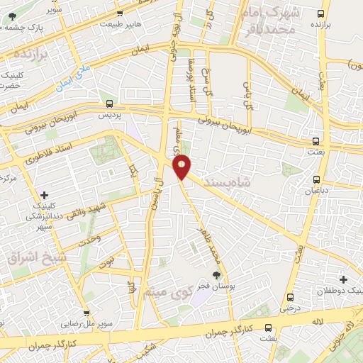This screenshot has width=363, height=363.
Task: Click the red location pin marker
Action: coord(182,167)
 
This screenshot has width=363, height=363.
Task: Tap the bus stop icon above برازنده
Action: coord(322,13)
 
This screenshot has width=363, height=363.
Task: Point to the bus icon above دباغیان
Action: coord(316,179)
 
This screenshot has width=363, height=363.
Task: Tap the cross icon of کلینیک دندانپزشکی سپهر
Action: coord(45,194)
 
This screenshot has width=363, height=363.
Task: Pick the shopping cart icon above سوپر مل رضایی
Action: coord(86,313)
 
